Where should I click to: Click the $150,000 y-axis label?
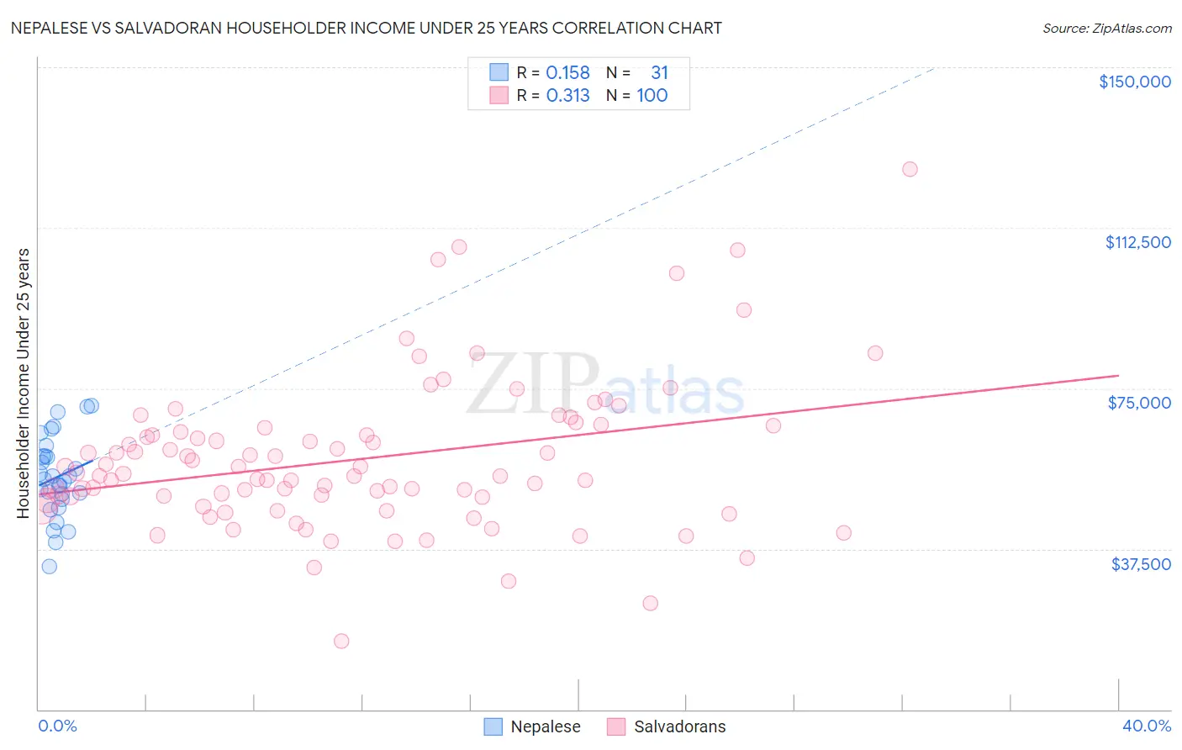click(x=1134, y=82)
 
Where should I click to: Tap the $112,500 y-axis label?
click(x=1137, y=242)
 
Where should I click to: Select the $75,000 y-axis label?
click(x=1139, y=403)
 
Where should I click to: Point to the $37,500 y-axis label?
click(x=1141, y=564)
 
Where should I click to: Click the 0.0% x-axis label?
click(x=57, y=726)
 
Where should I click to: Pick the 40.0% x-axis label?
click(x=1147, y=726)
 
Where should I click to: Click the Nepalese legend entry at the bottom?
click(x=545, y=726)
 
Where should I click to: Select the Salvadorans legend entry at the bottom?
click(x=679, y=726)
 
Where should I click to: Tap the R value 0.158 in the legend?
click(x=567, y=73)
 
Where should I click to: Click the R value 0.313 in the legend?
click(x=567, y=96)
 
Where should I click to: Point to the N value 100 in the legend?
click(x=652, y=96)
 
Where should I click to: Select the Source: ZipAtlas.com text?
click(x=1106, y=29)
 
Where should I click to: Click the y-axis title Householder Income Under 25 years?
click(x=24, y=383)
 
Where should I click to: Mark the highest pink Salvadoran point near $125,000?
click(x=910, y=169)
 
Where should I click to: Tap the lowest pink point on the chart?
click(x=341, y=641)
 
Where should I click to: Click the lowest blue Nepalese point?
click(x=50, y=566)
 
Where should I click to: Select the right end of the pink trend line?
click(x=1118, y=376)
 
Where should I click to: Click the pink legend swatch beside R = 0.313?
click(x=499, y=96)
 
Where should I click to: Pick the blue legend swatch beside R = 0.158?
click(x=499, y=73)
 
